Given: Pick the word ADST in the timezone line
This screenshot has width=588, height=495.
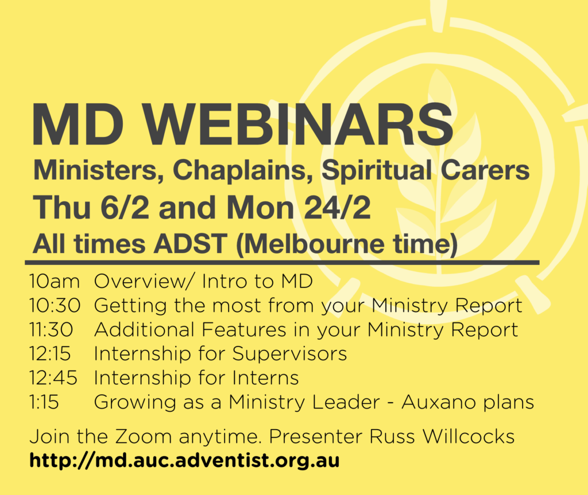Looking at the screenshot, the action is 191,244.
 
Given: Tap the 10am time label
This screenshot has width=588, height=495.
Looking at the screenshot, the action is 55,282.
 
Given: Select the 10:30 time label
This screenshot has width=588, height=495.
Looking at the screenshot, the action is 55,305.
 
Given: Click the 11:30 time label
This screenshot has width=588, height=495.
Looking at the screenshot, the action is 51,330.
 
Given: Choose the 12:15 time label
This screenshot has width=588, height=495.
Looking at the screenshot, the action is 51,354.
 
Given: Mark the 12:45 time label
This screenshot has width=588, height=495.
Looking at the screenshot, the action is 53,378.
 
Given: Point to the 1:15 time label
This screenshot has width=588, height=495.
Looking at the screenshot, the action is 44,402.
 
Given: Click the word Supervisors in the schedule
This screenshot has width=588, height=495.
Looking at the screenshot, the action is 289,354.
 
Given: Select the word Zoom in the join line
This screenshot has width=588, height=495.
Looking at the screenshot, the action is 144,436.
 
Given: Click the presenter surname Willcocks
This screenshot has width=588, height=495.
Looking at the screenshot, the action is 469,436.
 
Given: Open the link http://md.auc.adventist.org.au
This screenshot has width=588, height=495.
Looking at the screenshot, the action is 184,461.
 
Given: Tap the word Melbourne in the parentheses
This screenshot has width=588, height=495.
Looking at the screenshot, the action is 313,244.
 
